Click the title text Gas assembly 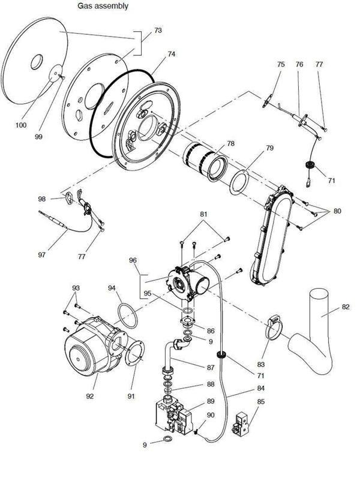[102, 5]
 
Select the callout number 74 [172, 54]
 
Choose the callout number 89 [211, 400]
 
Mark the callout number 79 [253, 148]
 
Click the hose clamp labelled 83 [274, 328]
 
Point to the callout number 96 [133, 260]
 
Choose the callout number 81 [204, 214]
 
